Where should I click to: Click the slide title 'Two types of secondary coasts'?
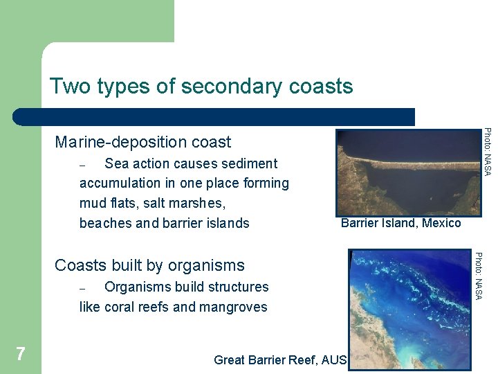point(201,87)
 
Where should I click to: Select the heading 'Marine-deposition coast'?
point(142,142)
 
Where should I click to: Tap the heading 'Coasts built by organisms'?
point(149,265)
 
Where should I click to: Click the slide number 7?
point(21,355)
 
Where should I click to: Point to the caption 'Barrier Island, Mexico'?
point(400,223)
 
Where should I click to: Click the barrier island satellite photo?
point(407,173)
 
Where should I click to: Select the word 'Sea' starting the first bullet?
point(116,163)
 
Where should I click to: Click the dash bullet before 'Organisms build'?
point(83,288)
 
